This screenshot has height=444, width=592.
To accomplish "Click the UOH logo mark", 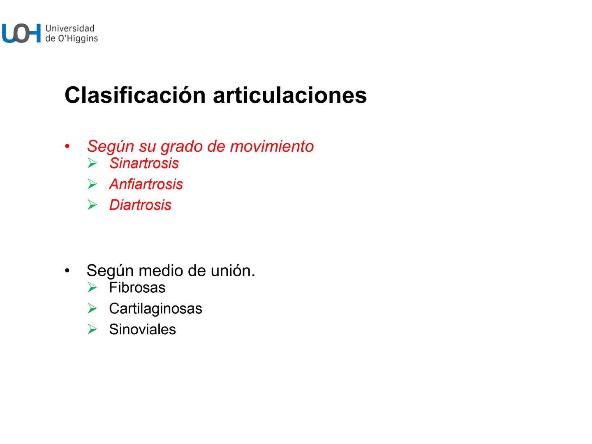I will click(21, 33).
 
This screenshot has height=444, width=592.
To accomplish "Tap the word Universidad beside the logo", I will click(70, 28).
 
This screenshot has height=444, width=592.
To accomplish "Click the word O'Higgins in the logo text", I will click(77, 39).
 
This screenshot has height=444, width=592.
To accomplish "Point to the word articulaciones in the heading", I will click(289, 95).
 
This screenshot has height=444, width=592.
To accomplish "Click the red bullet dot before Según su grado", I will click(67, 146).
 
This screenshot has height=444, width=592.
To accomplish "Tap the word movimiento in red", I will click(272, 146).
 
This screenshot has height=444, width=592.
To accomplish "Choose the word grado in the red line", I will click(181, 146).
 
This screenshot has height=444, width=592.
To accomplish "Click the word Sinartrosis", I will click(144, 163).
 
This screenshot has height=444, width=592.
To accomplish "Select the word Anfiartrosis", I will click(146, 184).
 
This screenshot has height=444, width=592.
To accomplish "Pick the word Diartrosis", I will click(140, 205).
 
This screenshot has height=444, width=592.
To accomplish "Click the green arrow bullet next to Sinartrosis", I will click(92, 164).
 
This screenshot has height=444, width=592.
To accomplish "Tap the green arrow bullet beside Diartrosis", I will click(92, 205).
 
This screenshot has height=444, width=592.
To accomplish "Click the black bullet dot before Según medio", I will click(67, 271).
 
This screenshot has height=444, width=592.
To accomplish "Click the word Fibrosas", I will click(137, 288).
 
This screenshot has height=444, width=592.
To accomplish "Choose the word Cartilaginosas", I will click(155, 308).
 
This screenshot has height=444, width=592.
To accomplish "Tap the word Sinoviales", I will click(142, 329).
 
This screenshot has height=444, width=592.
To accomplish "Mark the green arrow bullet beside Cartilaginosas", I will click(92, 308).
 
